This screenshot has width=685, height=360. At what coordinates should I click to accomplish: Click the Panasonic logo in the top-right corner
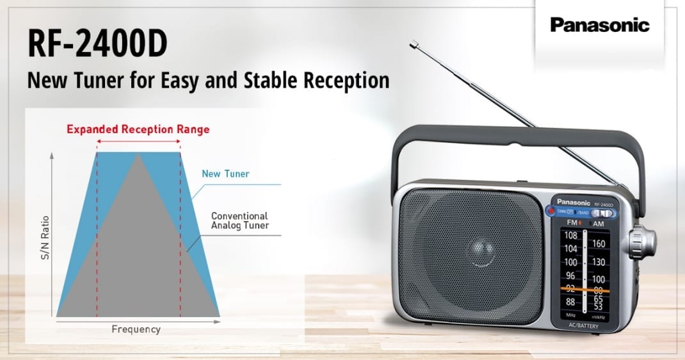600,26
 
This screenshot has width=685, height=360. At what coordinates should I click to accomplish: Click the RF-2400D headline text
97,44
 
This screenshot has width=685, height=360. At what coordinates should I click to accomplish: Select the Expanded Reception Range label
138,129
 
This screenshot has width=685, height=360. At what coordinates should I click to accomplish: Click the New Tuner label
225,174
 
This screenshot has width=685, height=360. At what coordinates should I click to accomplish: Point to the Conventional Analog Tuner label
240,220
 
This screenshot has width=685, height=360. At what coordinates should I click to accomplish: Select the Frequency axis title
136,329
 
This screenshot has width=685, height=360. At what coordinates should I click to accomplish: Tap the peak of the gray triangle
138,155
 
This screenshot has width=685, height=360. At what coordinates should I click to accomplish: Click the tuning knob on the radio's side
641,243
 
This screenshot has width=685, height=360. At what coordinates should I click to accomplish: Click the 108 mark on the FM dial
570,235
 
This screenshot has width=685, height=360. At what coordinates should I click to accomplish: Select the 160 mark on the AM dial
599,243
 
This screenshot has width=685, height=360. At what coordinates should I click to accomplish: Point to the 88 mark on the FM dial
570,301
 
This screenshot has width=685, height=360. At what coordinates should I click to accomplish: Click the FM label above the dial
572,222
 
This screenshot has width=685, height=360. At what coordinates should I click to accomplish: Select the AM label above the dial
599,223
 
